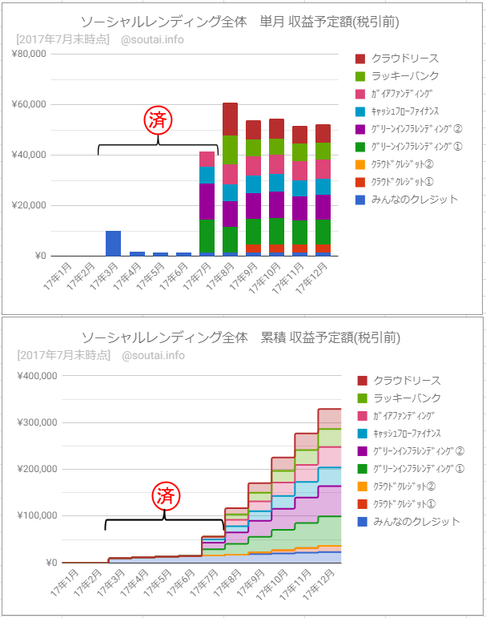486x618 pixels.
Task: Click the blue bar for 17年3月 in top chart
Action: point(113,243)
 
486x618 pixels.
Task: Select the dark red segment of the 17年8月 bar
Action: point(230,119)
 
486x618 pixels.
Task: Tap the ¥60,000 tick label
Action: point(30,104)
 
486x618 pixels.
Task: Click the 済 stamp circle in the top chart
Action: point(158,120)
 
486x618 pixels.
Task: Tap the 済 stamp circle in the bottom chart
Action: point(165,496)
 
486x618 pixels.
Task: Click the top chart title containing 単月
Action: point(240,21)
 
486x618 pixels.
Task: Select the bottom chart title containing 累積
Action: point(240,337)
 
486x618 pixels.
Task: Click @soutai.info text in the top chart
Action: point(152,38)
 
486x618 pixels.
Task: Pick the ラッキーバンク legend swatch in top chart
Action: point(360,76)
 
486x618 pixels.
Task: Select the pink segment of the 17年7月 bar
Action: point(207,159)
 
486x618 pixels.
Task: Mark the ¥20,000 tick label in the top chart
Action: point(30,206)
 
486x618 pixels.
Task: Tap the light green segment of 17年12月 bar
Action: point(323,151)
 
